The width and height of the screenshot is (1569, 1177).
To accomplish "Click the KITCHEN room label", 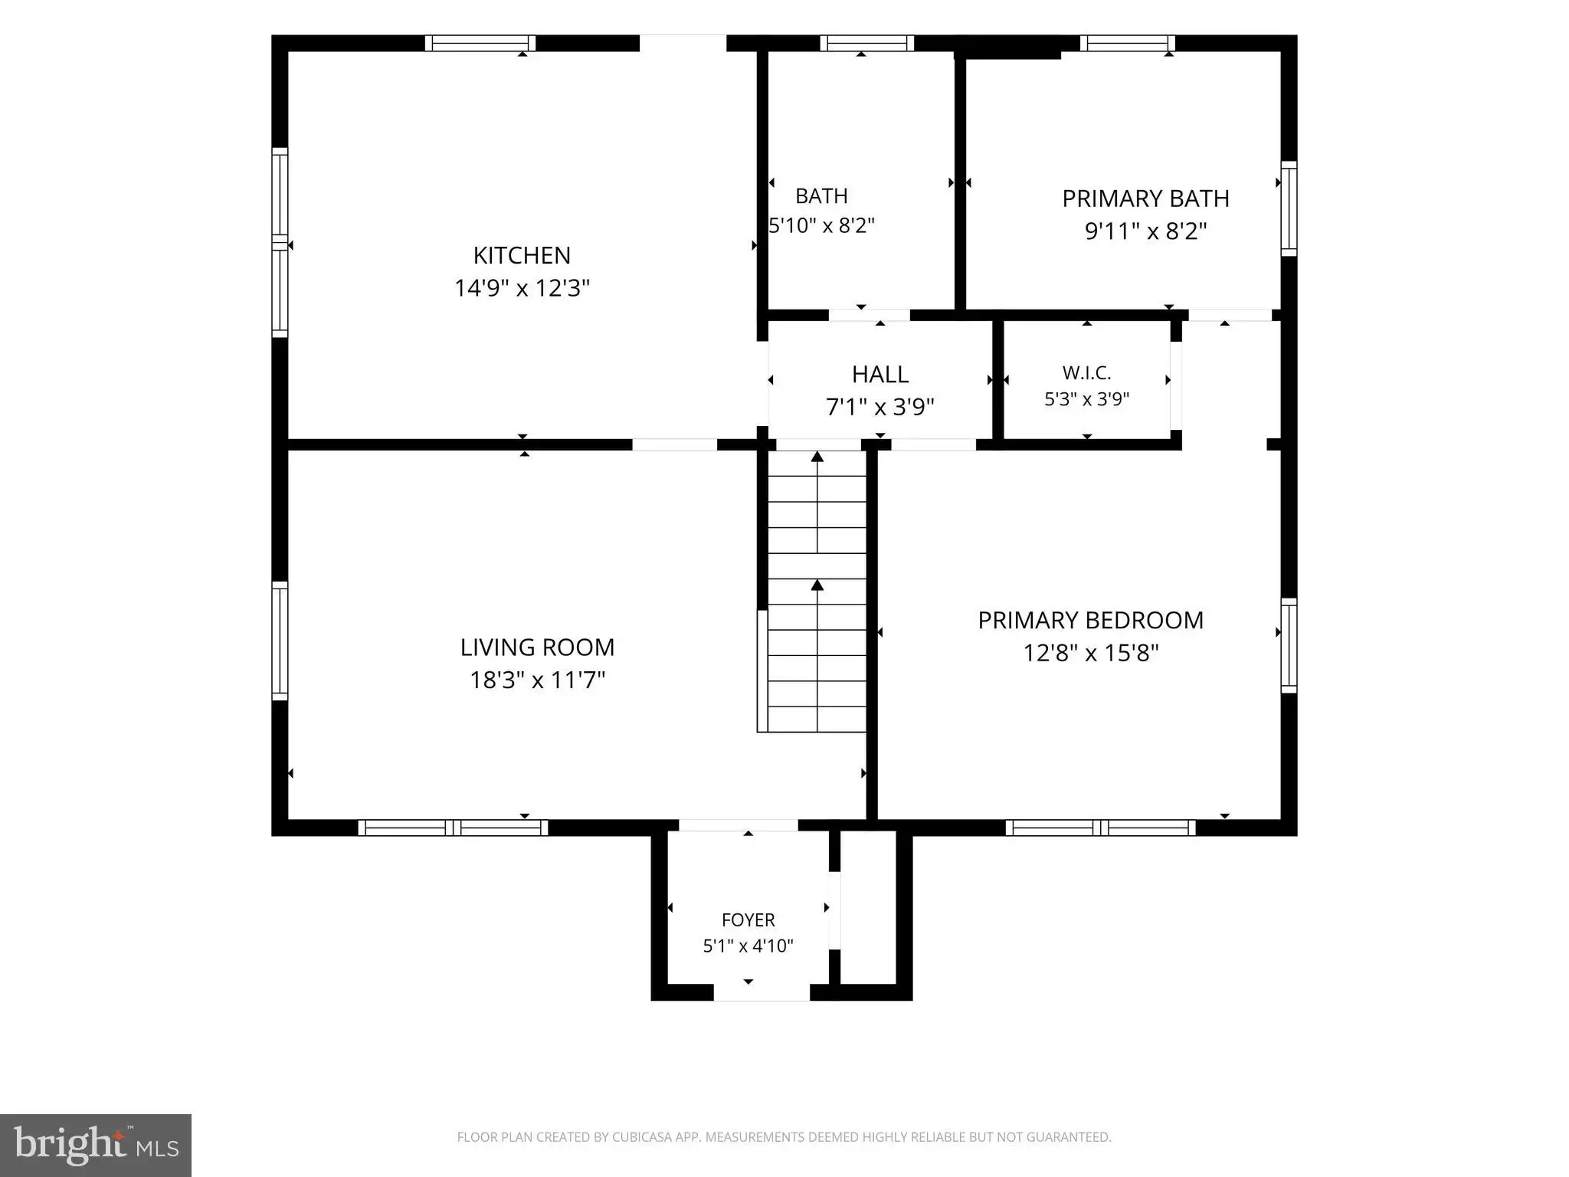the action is click(522, 255).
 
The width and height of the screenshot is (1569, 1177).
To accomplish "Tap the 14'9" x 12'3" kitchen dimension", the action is click(522, 288).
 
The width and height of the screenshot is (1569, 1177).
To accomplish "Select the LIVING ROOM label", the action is click(537, 648).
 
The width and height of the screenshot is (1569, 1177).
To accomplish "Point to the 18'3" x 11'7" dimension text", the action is click(537, 680).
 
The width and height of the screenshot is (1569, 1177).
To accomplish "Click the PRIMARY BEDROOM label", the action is click(1090, 620).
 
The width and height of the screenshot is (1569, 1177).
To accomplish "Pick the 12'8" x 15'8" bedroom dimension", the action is click(1090, 653).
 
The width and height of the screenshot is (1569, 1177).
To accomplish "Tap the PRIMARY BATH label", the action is click(1145, 198).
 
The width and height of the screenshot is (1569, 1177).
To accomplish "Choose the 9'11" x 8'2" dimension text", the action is click(1145, 231).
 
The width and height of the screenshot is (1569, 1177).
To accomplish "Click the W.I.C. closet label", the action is click(1086, 373).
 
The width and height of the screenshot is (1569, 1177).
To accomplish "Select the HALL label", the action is click(880, 374).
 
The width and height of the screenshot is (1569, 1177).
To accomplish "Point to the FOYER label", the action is click(748, 920).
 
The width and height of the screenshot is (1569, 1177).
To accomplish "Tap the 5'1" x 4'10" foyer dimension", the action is click(748, 946).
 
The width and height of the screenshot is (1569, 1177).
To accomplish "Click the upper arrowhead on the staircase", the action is click(817, 457).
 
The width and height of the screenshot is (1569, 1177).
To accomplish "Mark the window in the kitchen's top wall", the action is click(480, 43).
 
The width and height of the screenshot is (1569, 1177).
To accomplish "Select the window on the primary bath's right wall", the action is click(1289, 208).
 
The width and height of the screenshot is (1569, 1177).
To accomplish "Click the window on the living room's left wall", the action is click(280, 641).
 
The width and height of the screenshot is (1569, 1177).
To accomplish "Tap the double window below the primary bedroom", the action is click(1100, 828).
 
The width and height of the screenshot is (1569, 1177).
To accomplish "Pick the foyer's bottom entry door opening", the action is click(762, 992).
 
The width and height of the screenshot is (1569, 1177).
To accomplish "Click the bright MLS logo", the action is click(96, 1146).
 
